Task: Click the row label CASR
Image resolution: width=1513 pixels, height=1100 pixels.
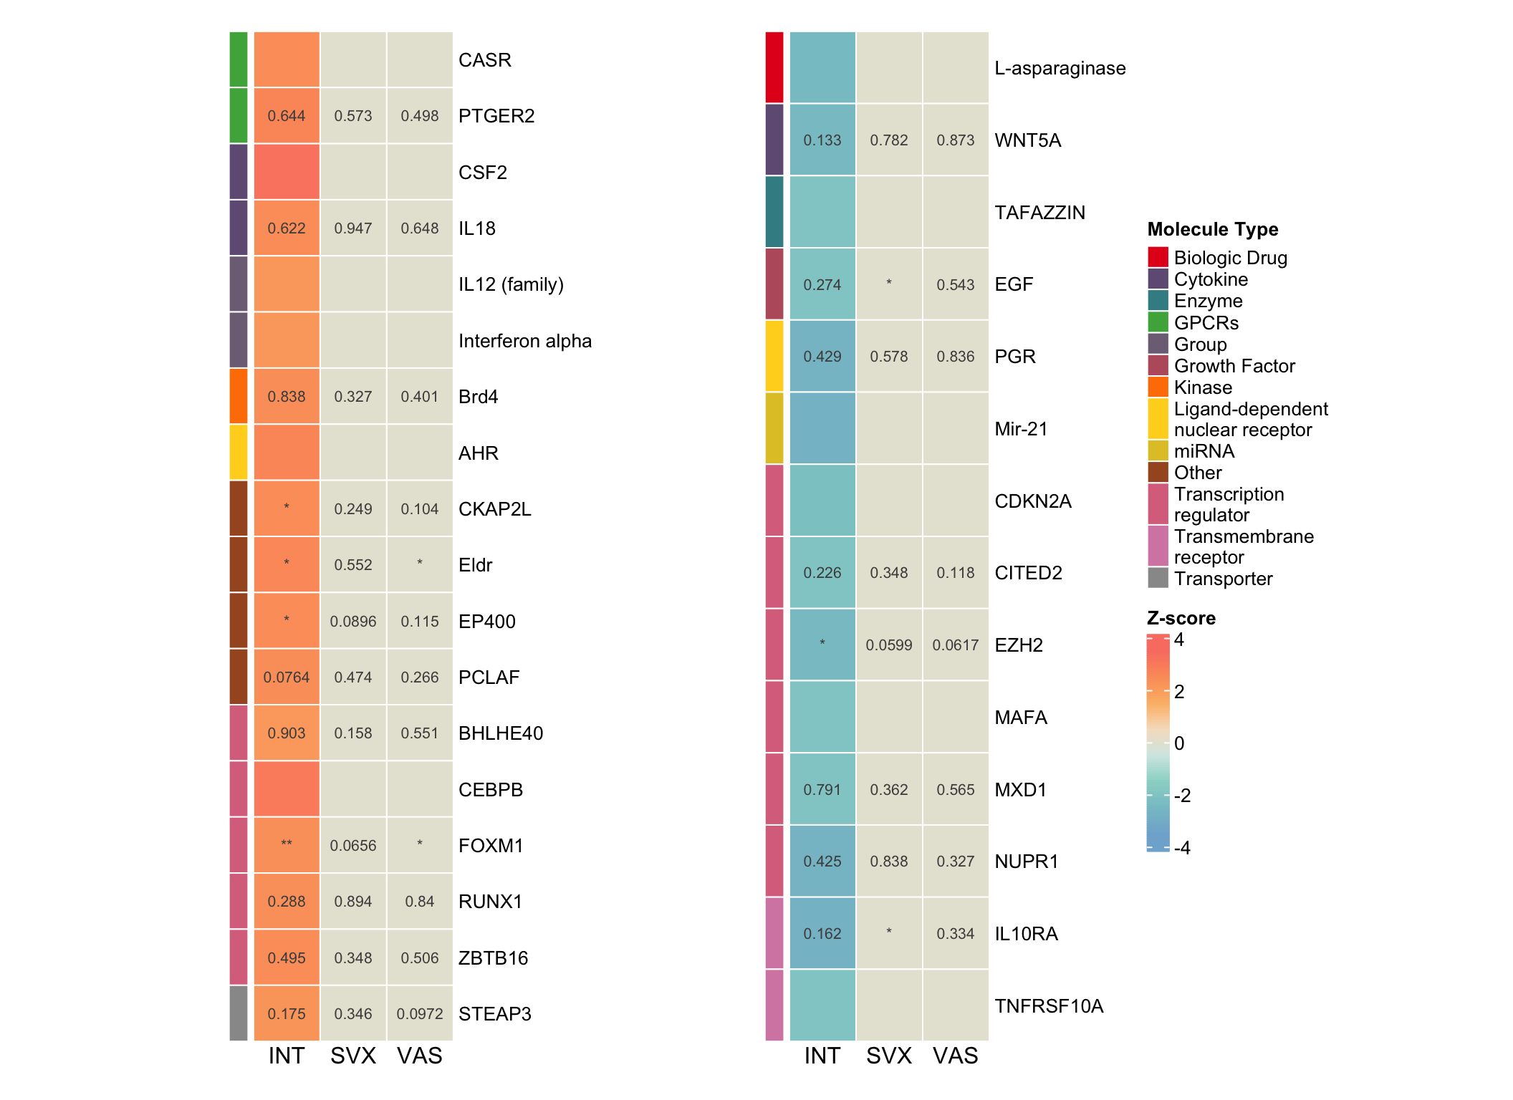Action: point(484,60)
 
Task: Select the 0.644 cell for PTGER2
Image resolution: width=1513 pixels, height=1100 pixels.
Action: point(287,116)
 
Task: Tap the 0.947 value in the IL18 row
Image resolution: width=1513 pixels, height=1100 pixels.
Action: point(353,228)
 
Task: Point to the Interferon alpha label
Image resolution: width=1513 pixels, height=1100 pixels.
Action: point(524,341)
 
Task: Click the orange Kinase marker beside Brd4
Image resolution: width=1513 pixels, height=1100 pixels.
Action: point(239,396)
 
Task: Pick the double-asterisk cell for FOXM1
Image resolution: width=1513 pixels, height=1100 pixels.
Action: point(287,844)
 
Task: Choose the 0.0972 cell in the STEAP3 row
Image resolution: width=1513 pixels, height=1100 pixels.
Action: point(420,1014)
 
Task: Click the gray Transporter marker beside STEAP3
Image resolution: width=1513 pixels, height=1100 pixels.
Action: point(239,1013)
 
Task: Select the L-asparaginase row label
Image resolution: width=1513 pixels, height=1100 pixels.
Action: point(1060,68)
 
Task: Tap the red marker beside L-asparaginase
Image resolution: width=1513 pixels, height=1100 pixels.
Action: point(774,67)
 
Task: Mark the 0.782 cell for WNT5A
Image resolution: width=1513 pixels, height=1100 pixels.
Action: point(889,140)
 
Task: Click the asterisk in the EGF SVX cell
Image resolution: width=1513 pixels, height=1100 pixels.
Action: point(889,283)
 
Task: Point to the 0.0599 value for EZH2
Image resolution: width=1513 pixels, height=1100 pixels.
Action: point(889,645)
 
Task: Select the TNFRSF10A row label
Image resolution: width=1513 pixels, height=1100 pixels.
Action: point(1049,1006)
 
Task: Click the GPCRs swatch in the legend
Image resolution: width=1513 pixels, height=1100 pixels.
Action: point(1158,322)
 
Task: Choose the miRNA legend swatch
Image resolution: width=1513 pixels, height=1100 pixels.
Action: point(1158,451)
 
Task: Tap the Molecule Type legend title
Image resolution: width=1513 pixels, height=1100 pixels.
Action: point(1212,229)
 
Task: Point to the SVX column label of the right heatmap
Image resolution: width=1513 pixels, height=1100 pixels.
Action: point(889,1056)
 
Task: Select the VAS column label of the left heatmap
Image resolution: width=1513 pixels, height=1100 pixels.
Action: point(420,1056)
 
